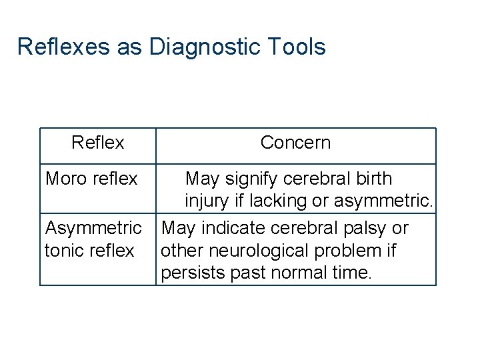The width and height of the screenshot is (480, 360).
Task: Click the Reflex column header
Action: pos(98,143)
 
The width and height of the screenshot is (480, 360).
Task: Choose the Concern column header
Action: pos(295,143)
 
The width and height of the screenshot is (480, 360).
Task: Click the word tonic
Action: pos(65,251)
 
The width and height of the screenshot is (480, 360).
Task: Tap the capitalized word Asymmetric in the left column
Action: pos(93,228)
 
